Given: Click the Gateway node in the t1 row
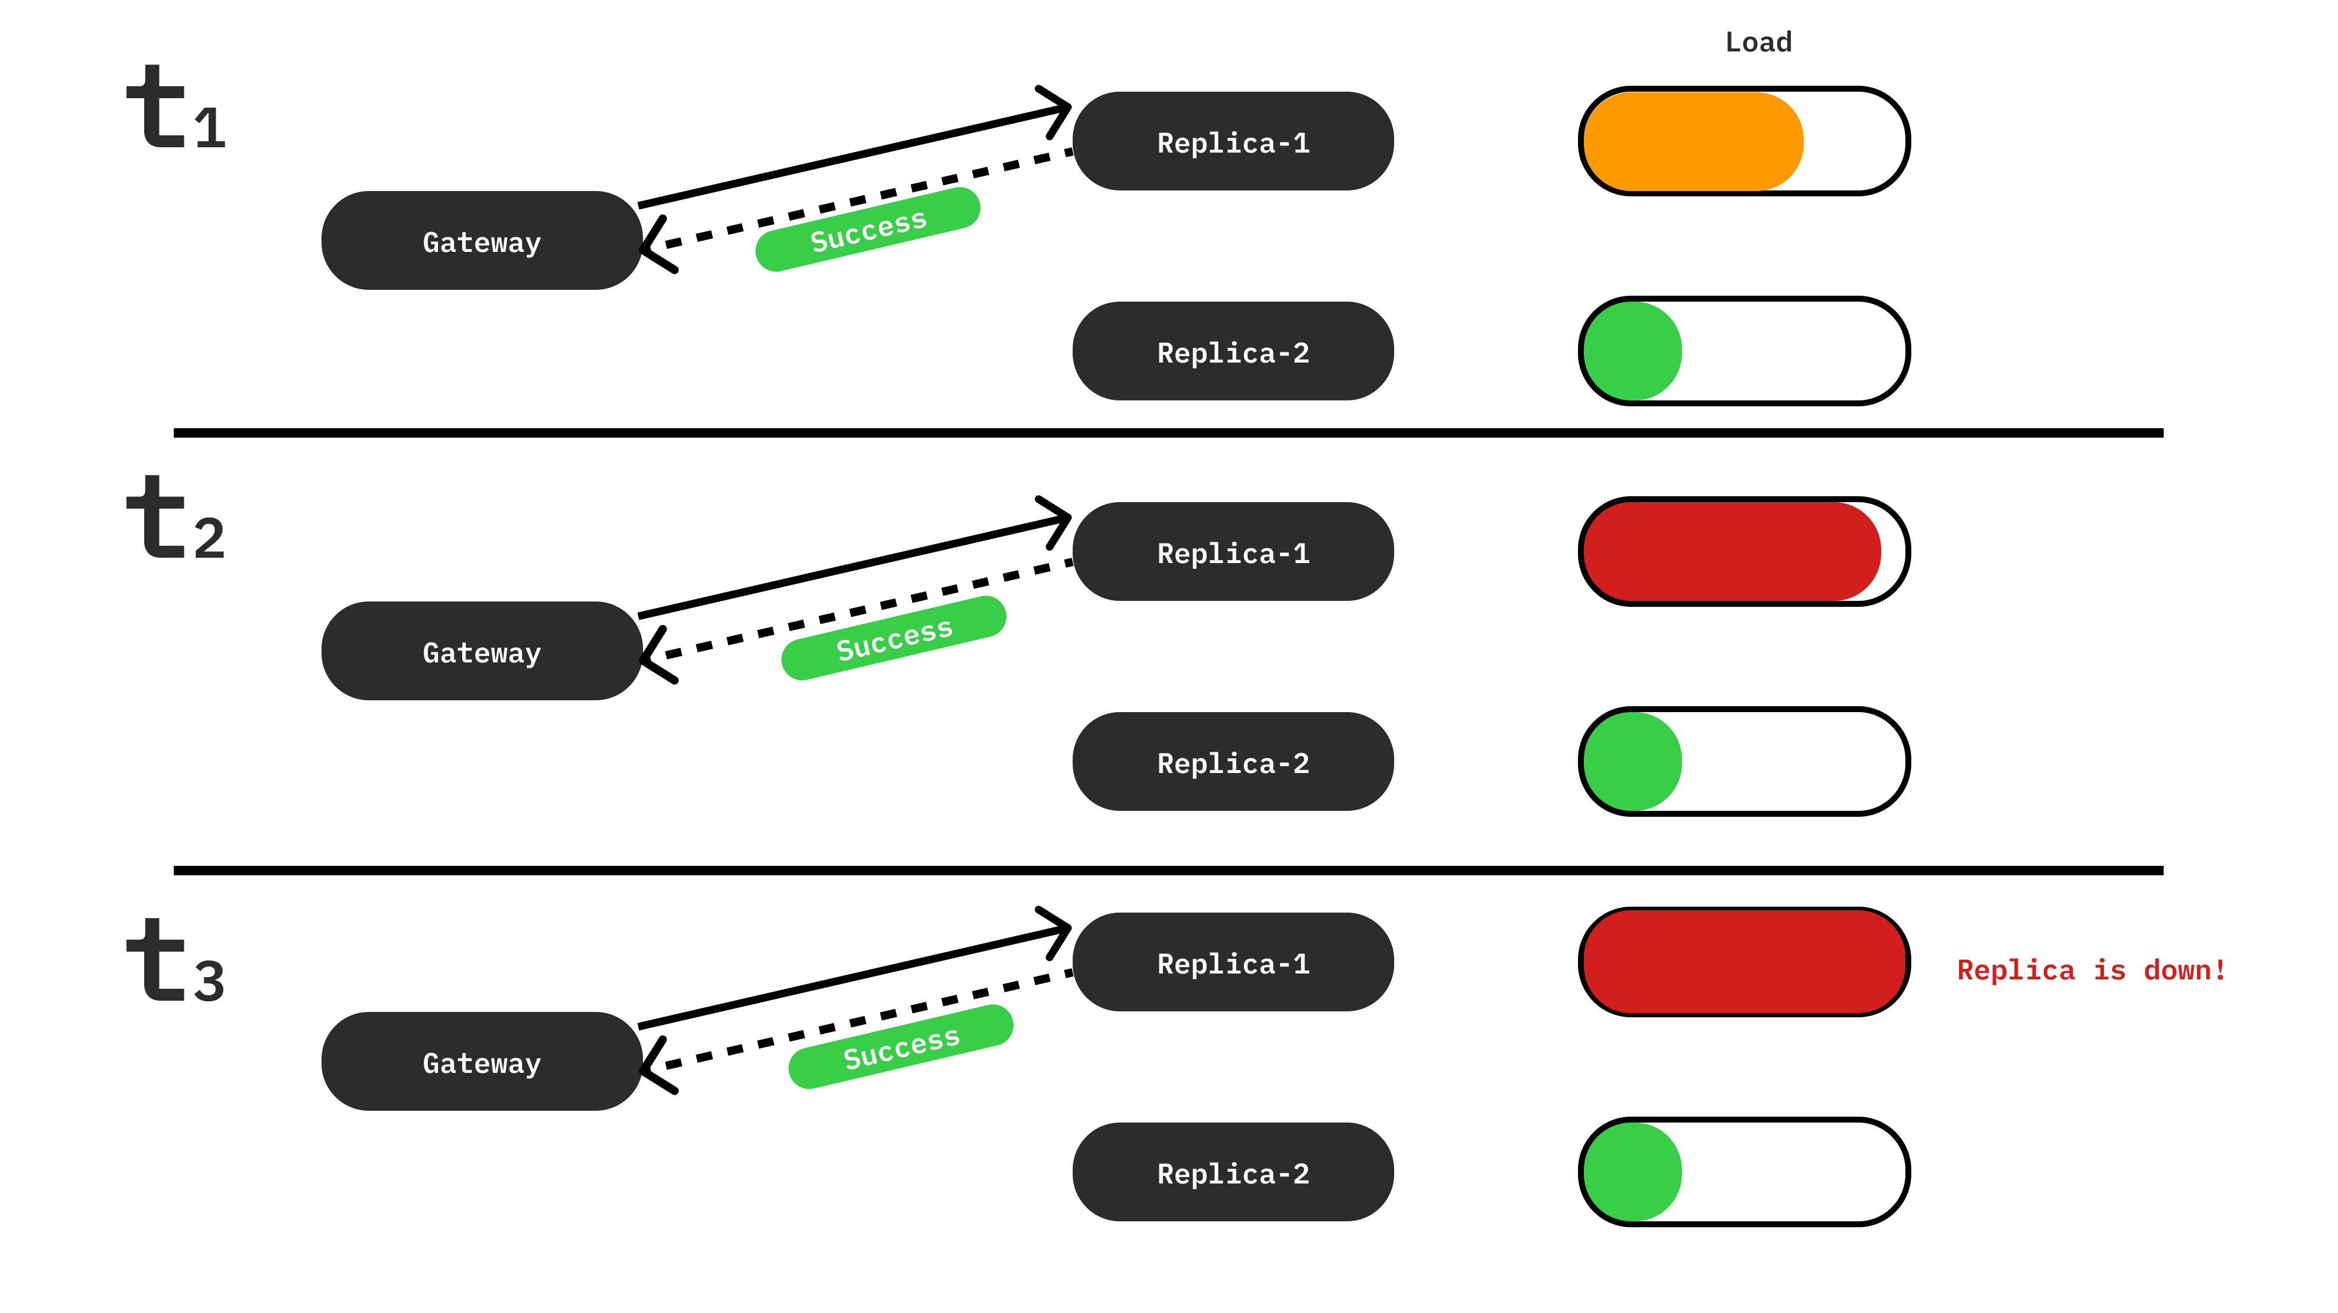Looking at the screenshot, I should (481, 241).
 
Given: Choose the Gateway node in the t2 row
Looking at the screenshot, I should (481, 652).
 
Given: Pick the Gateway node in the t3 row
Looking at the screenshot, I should (481, 1062).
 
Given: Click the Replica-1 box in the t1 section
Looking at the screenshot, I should (1233, 143).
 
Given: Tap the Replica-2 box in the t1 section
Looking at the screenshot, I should (1233, 352).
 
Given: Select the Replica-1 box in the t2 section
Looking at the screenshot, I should (1233, 553).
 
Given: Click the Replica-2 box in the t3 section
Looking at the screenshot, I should (1233, 1173).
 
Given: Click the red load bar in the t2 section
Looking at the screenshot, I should (1729, 552).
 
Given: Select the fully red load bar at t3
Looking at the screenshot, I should (1743, 962).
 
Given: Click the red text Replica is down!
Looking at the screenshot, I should (2090, 971).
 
